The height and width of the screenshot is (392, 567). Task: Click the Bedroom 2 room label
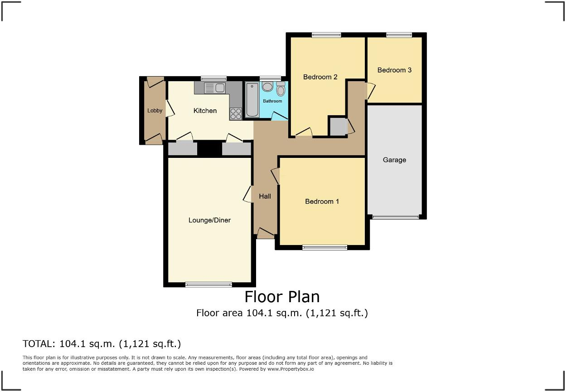(x=320, y=77)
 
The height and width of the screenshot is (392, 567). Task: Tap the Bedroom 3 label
(x=394, y=70)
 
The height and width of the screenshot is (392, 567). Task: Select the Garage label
(x=394, y=160)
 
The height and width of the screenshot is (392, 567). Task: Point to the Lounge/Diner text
(x=209, y=220)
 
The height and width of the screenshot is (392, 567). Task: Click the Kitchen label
(x=205, y=111)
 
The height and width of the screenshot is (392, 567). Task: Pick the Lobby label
(x=155, y=111)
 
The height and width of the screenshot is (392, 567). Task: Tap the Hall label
(x=265, y=196)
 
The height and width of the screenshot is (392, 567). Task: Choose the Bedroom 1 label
(x=322, y=201)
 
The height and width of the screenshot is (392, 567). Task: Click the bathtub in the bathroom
(x=252, y=100)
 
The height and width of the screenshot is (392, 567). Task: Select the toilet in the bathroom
(x=281, y=90)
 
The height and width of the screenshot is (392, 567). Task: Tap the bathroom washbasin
(x=267, y=87)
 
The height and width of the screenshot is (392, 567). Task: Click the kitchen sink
(x=215, y=88)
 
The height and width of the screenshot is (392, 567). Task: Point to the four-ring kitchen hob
(x=236, y=113)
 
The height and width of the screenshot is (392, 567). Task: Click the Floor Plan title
(x=282, y=297)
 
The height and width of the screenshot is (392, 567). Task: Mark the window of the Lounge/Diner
(x=208, y=284)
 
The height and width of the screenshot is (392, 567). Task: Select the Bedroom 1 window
(x=325, y=247)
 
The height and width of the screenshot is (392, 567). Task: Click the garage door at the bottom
(x=396, y=217)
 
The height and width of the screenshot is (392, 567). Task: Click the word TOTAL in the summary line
(x=39, y=344)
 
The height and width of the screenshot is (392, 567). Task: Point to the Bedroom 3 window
(x=399, y=35)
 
